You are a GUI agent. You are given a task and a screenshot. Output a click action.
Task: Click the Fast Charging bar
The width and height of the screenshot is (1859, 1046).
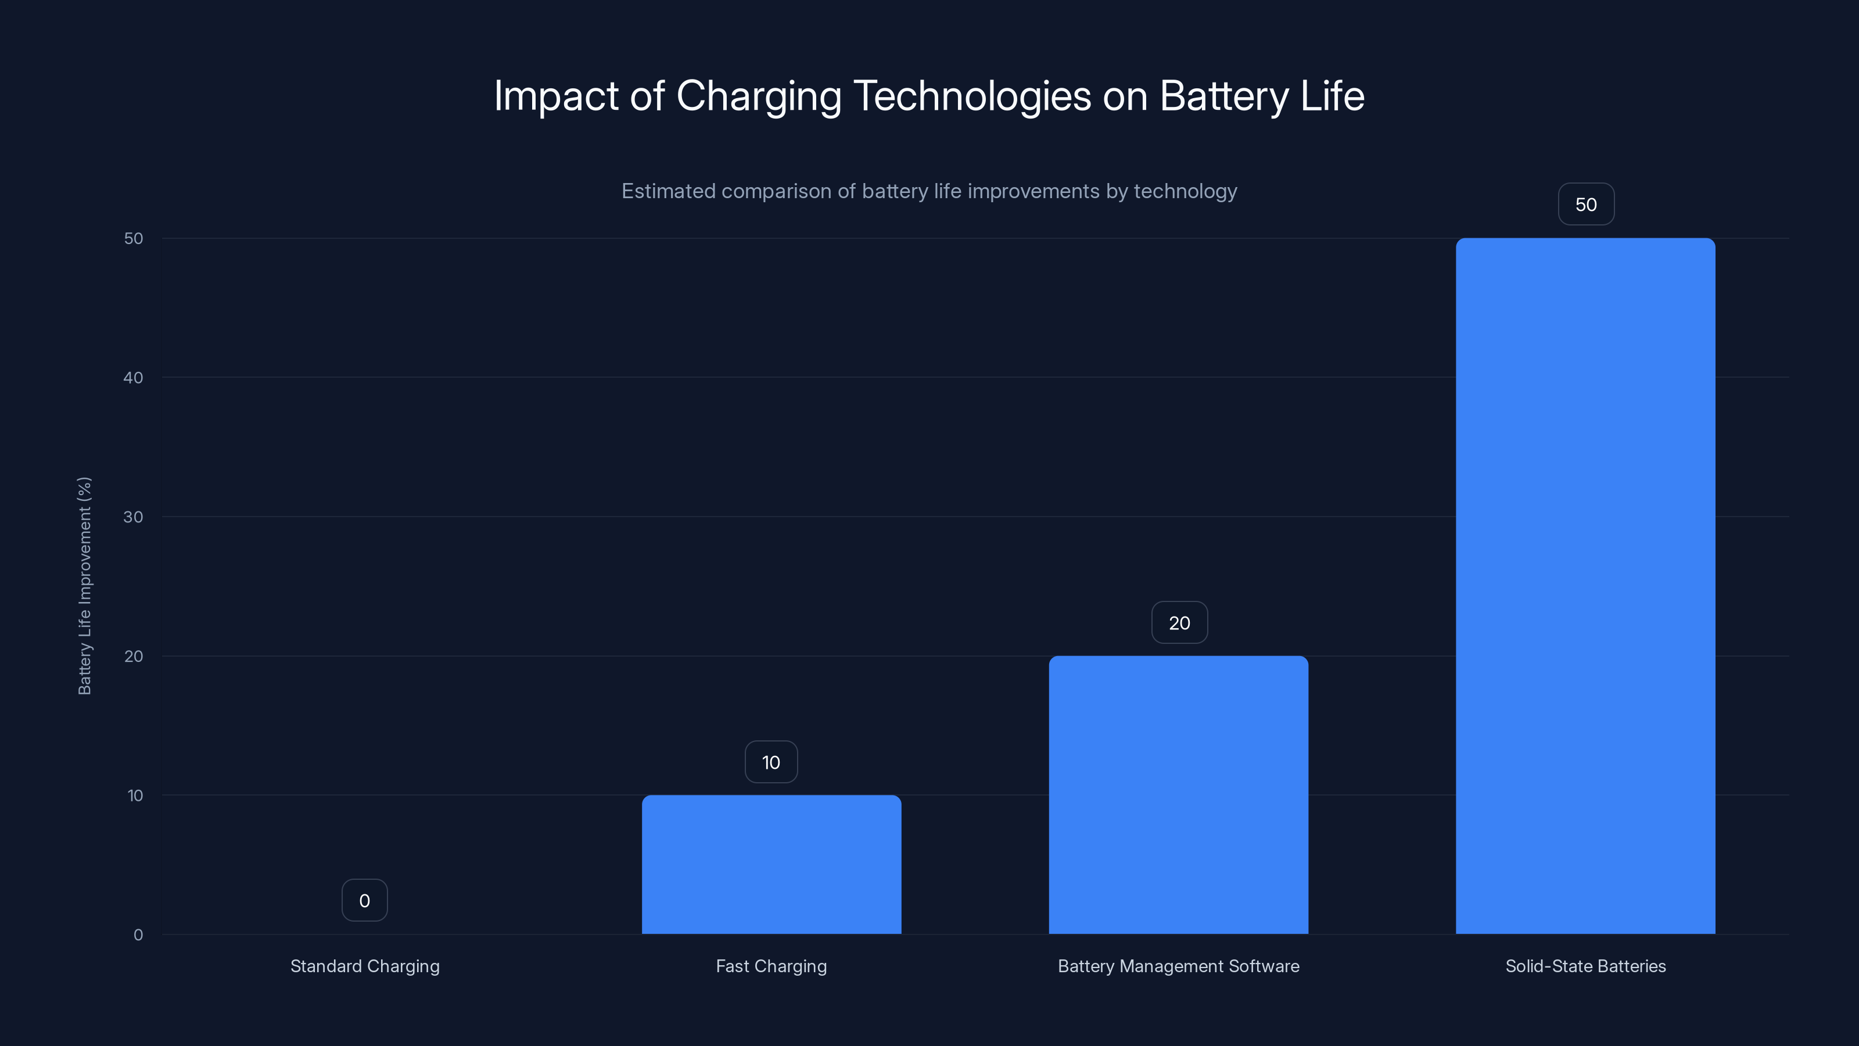click(771, 864)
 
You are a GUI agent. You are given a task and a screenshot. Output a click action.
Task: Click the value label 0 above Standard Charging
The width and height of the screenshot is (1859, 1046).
click(364, 900)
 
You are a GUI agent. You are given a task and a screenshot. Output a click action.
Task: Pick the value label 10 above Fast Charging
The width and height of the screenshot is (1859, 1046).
click(771, 762)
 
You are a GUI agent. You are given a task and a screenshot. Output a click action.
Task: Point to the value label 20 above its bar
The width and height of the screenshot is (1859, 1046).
click(1179, 623)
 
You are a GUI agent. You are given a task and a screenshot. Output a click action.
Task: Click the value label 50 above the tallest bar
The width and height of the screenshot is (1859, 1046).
click(1585, 205)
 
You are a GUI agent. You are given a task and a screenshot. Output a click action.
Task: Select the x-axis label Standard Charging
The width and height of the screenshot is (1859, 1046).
click(364, 966)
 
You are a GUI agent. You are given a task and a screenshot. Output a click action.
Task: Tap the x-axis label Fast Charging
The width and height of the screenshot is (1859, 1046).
click(771, 966)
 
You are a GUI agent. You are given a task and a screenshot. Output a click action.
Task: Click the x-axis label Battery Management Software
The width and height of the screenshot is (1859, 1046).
click(1179, 966)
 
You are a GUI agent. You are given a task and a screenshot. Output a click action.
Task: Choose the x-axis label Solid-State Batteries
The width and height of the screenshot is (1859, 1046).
click(1585, 966)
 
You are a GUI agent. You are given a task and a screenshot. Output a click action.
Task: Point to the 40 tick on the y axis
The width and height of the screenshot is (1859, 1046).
click(134, 378)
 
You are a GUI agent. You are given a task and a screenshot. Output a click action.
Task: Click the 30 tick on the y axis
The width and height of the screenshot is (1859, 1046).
click(134, 517)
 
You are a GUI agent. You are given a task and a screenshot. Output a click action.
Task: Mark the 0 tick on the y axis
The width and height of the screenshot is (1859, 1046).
click(138, 935)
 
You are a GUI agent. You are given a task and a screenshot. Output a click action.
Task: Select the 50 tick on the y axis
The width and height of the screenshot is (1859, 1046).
click(134, 238)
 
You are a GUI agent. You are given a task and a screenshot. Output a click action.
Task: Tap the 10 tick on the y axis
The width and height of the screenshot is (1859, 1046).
click(135, 796)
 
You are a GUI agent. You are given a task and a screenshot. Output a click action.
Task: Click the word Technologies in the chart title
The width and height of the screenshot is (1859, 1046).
click(972, 96)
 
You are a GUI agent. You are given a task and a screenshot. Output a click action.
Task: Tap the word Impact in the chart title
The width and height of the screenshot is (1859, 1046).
click(556, 96)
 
